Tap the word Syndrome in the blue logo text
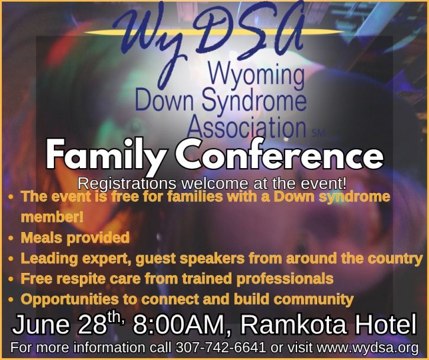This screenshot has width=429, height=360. (254, 100)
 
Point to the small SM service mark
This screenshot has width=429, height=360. (318, 133)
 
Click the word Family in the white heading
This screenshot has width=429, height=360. (106, 154)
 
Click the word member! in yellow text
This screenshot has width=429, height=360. (52, 217)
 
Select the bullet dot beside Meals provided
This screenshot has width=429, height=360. (11, 238)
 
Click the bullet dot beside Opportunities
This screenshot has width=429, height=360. (11, 300)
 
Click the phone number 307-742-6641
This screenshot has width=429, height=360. (221, 348)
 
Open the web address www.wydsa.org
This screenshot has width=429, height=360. (367, 348)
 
